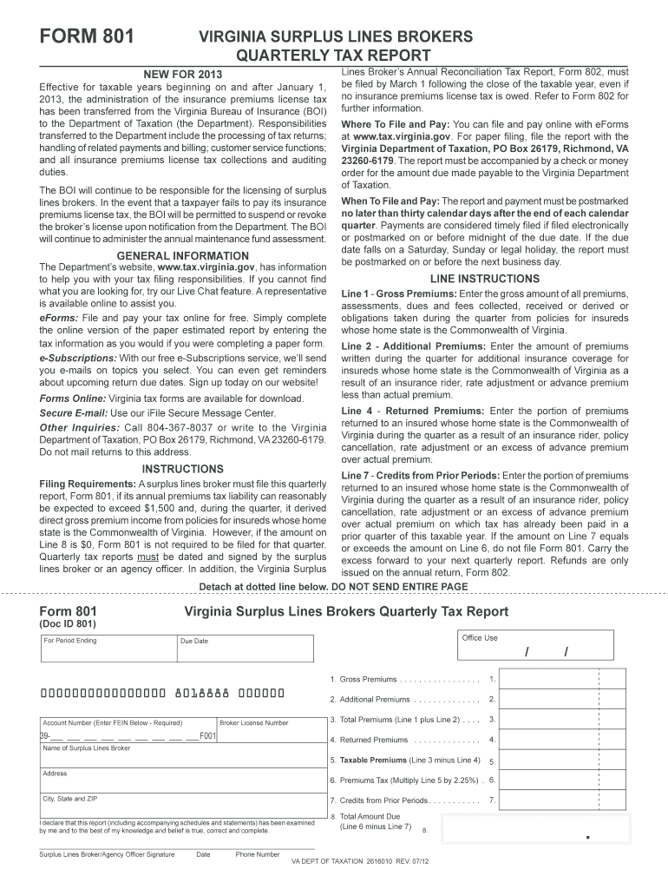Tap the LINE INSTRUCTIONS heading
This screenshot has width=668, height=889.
485,279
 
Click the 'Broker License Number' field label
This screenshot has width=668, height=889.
254,722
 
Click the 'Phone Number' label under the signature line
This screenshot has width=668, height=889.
258,854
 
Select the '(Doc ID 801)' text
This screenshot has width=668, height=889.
69,624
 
